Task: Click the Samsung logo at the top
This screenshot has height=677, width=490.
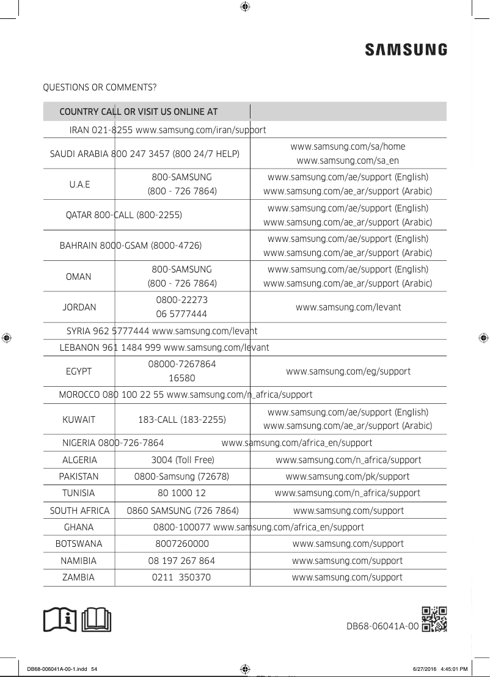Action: point(406,49)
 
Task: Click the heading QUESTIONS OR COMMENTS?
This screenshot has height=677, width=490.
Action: point(99,88)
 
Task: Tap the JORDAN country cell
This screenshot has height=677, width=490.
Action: point(79,307)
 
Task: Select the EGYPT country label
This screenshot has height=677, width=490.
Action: point(79,371)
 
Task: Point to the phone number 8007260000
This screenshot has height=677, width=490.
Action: point(182,544)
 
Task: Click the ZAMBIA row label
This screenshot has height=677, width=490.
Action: point(79,577)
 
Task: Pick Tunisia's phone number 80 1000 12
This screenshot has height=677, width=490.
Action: point(182,493)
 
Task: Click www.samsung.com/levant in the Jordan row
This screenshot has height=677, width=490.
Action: point(348,307)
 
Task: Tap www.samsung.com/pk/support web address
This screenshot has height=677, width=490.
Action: point(348,477)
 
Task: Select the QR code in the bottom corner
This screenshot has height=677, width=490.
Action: point(434,619)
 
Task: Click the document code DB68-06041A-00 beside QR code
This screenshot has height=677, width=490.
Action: point(382,626)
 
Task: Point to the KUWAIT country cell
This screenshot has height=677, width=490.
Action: point(79,420)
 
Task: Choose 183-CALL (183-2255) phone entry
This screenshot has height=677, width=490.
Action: point(182,420)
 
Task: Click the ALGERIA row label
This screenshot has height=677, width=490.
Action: point(79,460)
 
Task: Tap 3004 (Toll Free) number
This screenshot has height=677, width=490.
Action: point(182,460)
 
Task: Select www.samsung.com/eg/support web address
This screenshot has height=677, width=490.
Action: point(348,371)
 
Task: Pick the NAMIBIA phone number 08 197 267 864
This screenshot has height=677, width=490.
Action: point(182,560)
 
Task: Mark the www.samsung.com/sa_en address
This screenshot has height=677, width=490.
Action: point(348,161)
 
